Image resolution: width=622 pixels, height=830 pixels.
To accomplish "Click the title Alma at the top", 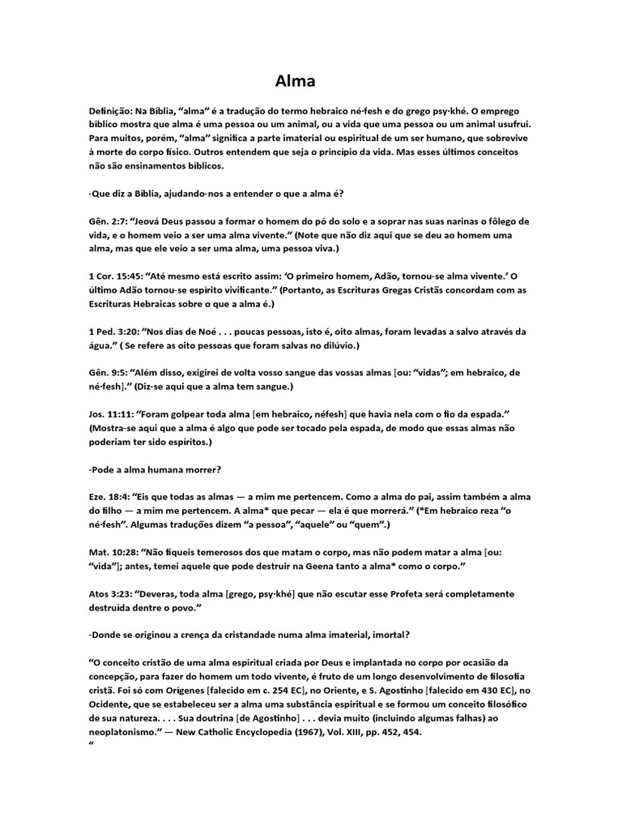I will [x=295, y=82].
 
